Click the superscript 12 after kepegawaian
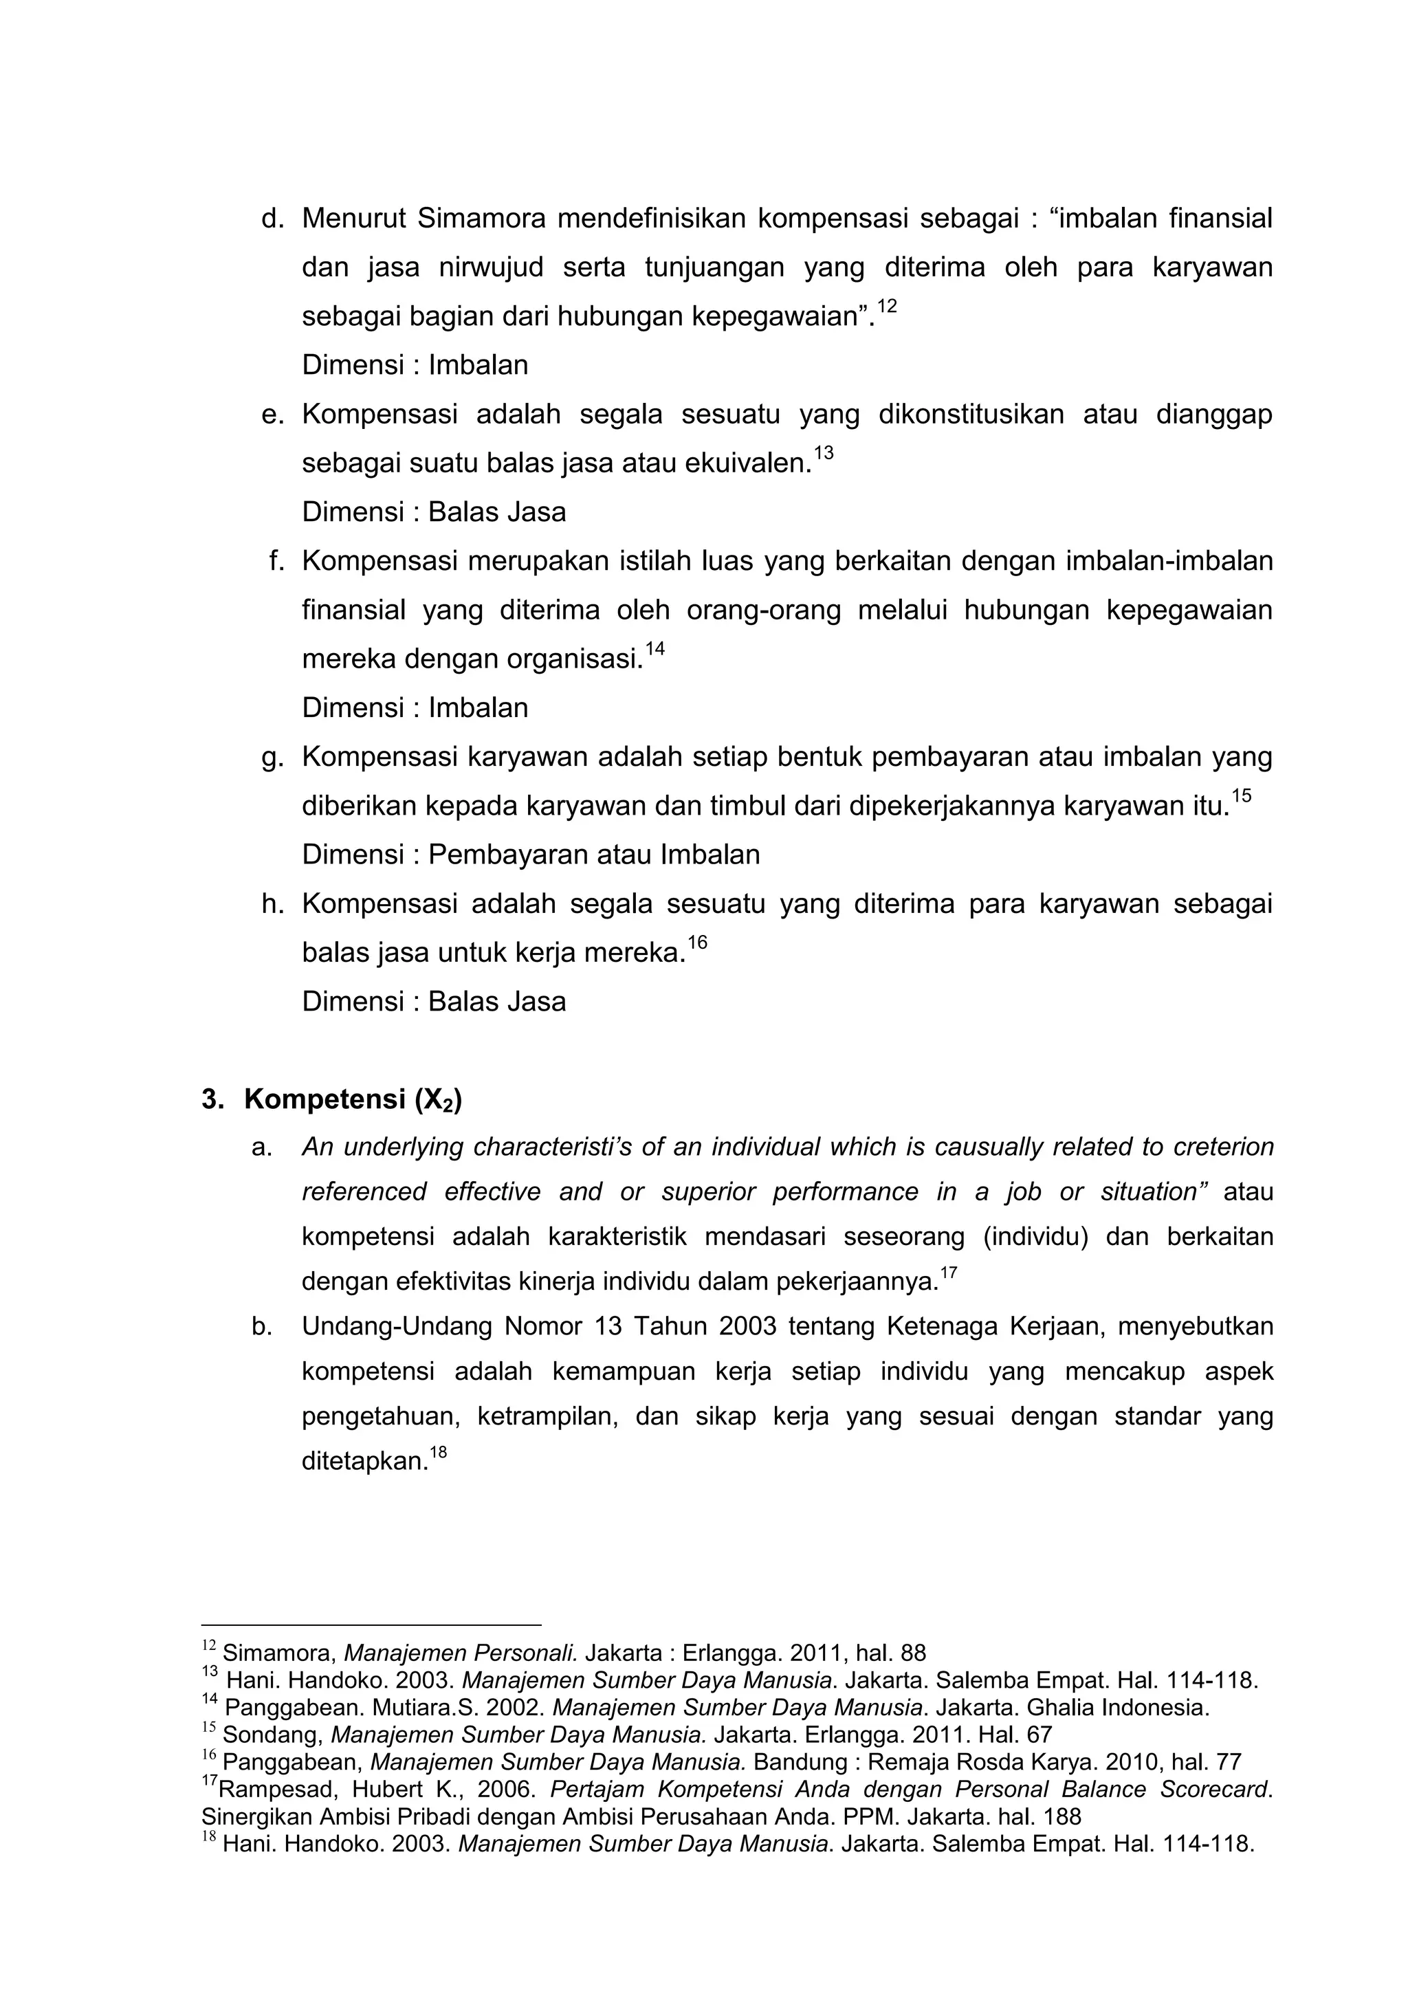(x=886, y=306)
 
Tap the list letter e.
(x=273, y=415)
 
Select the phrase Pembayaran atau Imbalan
(x=594, y=855)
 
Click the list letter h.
(x=273, y=905)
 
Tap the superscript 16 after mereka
(x=697, y=943)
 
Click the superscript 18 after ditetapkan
(x=438, y=1451)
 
